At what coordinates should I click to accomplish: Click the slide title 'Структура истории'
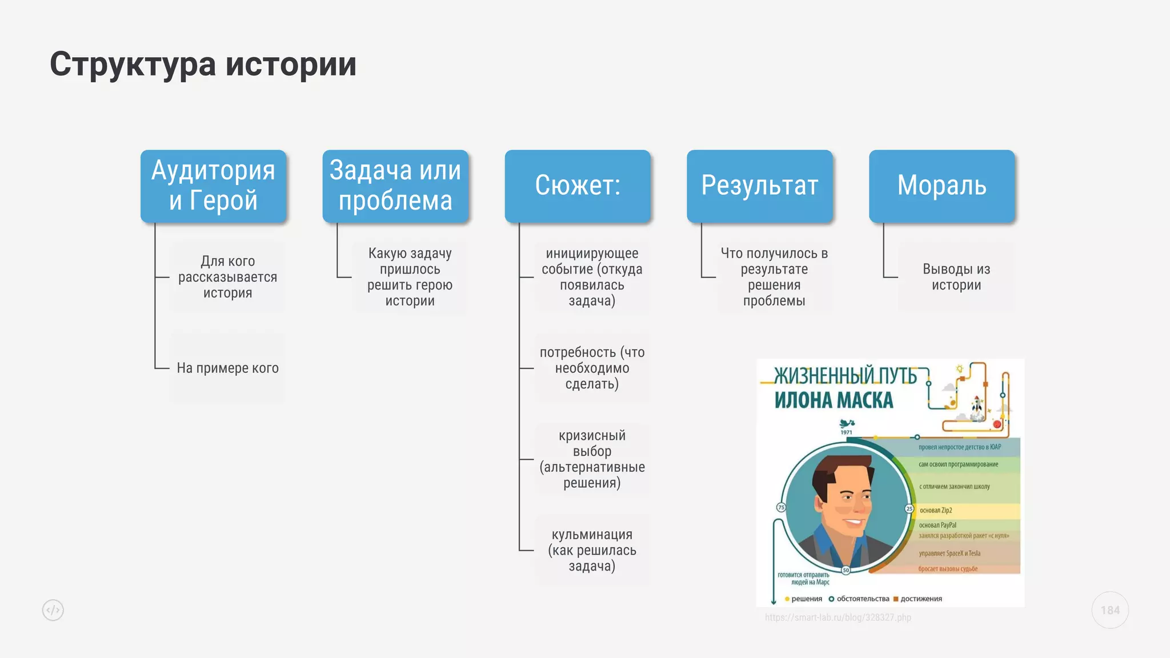[x=203, y=64]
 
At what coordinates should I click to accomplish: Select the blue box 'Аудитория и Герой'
[x=213, y=186]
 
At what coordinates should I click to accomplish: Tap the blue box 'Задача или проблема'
[x=395, y=186]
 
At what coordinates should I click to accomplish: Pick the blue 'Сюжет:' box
[x=578, y=186]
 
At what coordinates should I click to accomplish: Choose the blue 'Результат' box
[x=759, y=186]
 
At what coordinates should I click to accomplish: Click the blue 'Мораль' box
[x=941, y=186]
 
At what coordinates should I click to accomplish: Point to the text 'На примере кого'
[x=227, y=368]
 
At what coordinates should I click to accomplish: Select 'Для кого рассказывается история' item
[x=227, y=277]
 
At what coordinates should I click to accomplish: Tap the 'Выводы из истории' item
[x=956, y=277]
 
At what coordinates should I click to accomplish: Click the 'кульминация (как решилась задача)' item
[x=592, y=550]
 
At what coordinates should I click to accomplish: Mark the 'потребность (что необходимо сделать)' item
[x=592, y=368]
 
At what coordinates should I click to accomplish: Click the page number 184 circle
[x=1110, y=610]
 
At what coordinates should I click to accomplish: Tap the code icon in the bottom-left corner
[x=53, y=610]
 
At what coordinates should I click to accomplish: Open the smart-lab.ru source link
[x=838, y=617]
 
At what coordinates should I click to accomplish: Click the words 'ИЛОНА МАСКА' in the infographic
[x=834, y=400]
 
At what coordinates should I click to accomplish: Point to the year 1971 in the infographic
[x=846, y=432]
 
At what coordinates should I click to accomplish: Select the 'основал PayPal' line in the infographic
[x=937, y=525]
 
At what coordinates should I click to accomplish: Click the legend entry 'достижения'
[x=921, y=599]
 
